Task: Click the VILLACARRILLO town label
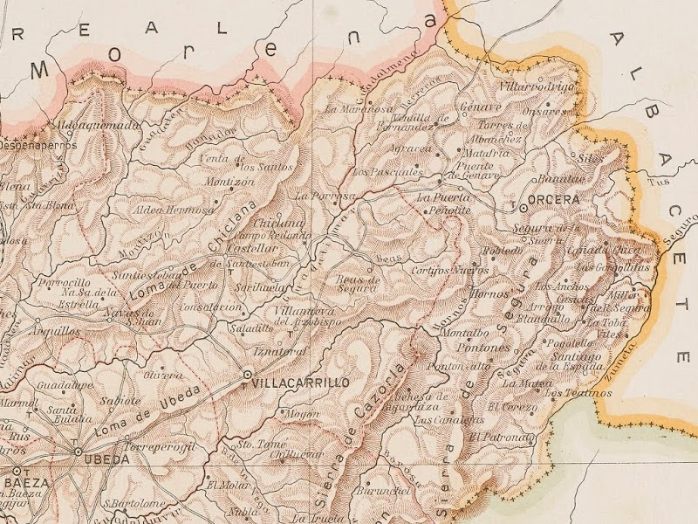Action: coord(299,383)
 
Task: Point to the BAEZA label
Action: coord(24,482)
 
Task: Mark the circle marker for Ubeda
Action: coord(78,452)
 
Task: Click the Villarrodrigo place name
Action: coord(537,87)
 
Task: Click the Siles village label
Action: coord(591,158)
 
